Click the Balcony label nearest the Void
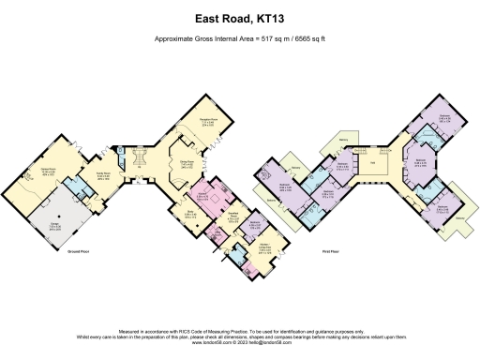click(x=344, y=142)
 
